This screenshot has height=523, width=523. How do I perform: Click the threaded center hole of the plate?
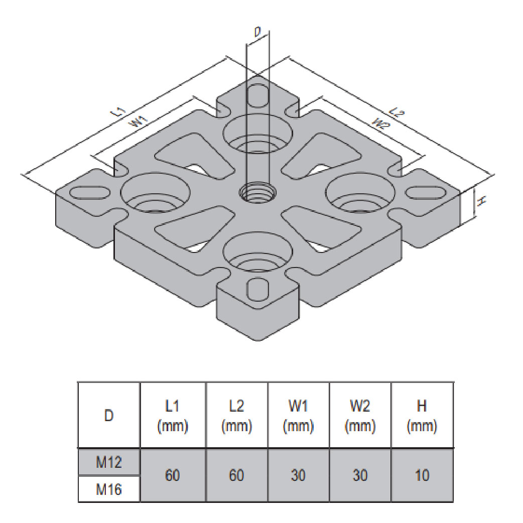click(257, 191)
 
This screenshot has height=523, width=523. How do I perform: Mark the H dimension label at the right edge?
click(480, 201)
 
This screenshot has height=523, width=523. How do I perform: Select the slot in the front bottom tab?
click(257, 290)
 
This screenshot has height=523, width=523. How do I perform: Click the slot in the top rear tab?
click(257, 95)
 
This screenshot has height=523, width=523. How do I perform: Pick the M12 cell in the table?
click(109, 462)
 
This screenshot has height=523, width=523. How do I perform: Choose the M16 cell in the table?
click(109, 489)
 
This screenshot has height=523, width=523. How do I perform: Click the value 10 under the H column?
click(422, 475)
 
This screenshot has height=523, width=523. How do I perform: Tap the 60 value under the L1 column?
click(173, 475)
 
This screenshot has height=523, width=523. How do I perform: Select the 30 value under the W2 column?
click(360, 475)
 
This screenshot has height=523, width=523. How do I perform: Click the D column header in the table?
click(109, 416)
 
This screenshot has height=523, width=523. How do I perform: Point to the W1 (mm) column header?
click(298, 416)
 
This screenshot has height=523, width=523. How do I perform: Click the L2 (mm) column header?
click(236, 416)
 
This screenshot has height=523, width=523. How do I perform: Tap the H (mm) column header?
click(422, 416)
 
